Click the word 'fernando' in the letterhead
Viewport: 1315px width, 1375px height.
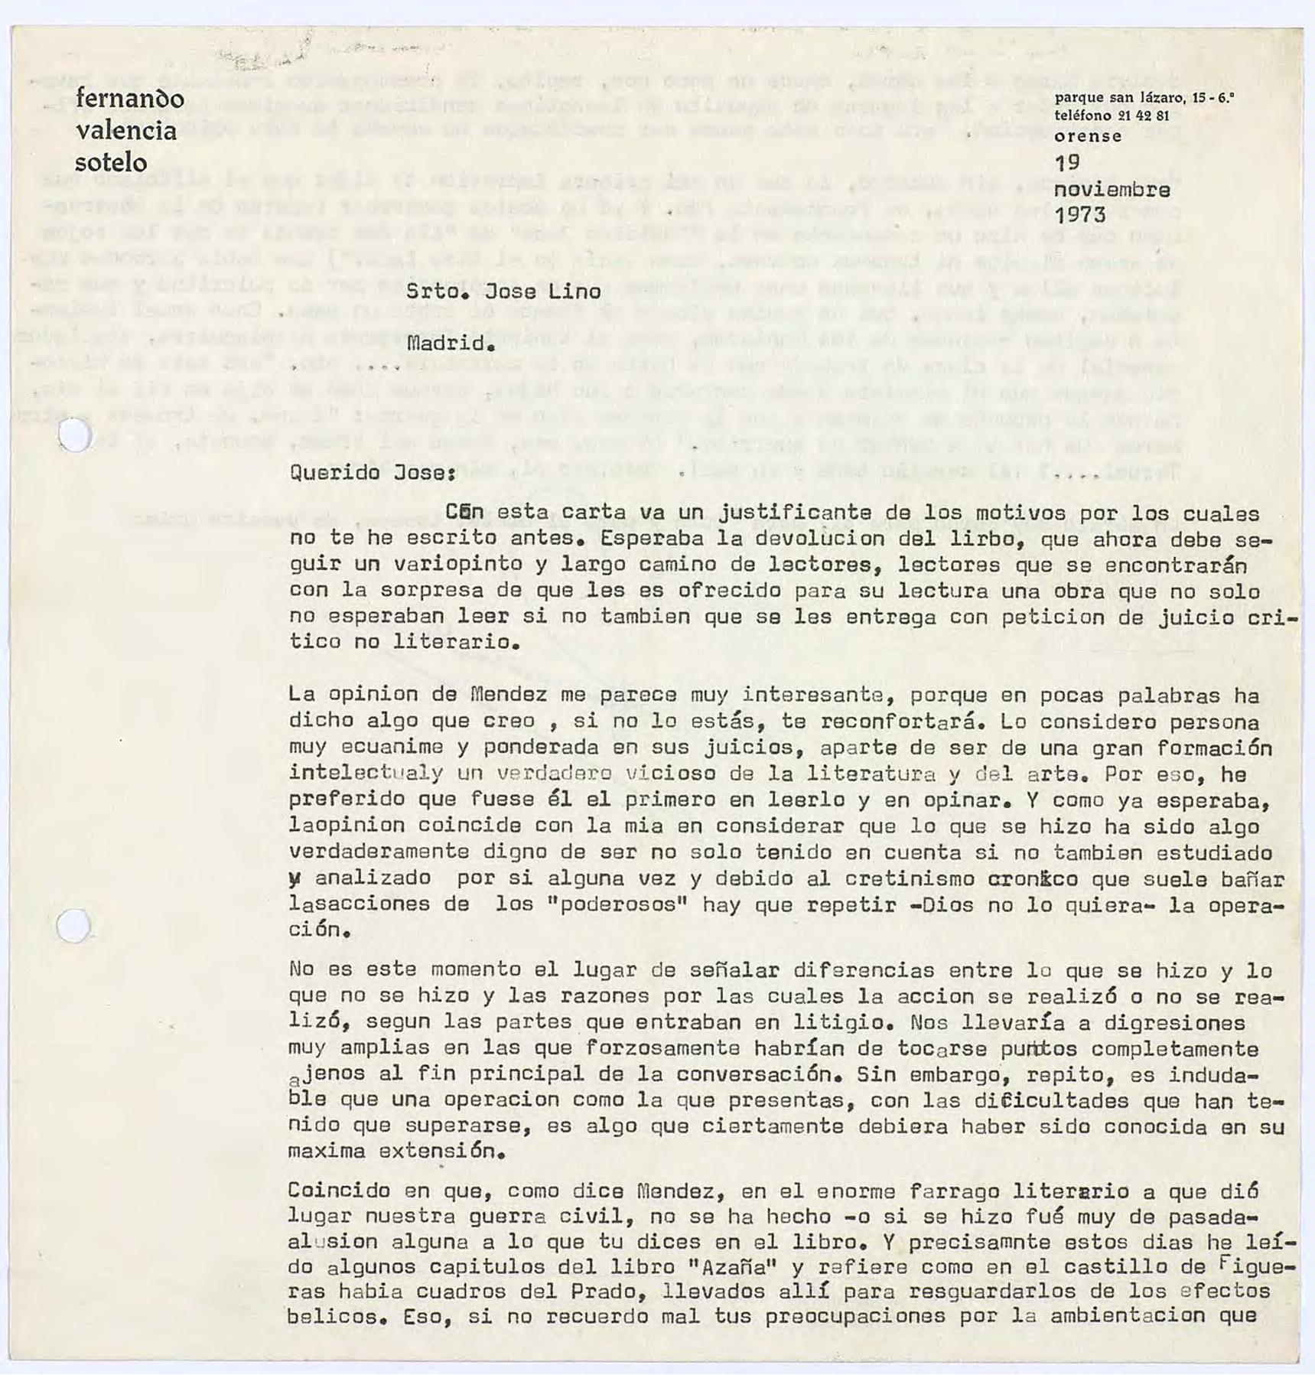click(129, 99)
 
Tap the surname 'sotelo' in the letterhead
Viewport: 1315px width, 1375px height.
click(110, 162)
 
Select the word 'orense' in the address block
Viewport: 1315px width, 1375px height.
click(1088, 137)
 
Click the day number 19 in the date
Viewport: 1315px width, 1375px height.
click(1067, 162)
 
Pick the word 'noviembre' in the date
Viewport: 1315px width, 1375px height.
click(1112, 189)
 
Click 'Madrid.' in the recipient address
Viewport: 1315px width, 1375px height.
click(451, 344)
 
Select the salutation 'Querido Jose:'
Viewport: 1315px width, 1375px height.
click(373, 472)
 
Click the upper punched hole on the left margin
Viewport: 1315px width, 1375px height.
click(75, 435)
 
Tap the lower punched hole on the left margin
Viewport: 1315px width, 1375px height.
click(73, 926)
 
